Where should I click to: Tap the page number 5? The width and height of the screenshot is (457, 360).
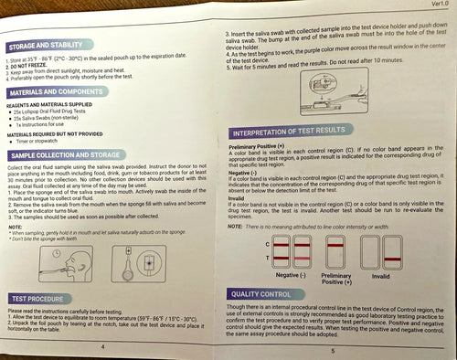click(x=333, y=350)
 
